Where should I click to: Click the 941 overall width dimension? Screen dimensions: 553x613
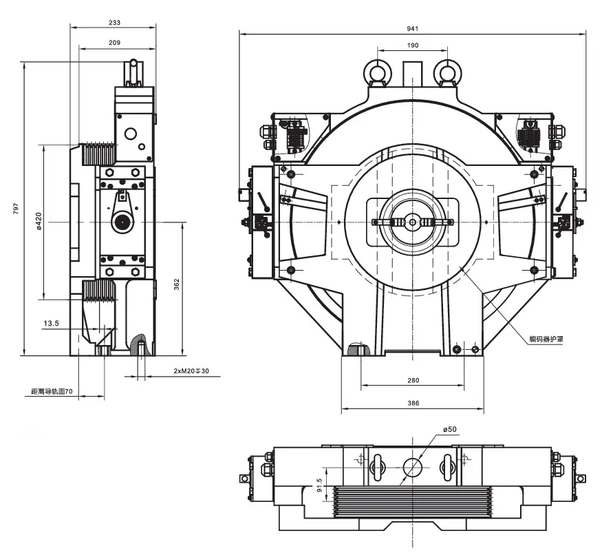click(x=412, y=28)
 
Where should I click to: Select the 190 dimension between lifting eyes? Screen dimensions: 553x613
click(x=412, y=45)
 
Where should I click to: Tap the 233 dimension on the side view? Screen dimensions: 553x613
click(x=114, y=23)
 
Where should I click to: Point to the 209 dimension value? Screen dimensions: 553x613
click(x=114, y=43)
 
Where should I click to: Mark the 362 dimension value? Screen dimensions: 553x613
click(x=177, y=284)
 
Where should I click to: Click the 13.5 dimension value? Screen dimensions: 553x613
click(x=51, y=323)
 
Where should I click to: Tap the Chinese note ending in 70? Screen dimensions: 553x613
click(x=52, y=391)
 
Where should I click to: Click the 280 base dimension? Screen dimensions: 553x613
click(x=412, y=380)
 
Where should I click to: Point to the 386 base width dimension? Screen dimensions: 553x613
click(x=412, y=404)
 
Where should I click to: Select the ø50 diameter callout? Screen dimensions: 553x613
click(x=449, y=429)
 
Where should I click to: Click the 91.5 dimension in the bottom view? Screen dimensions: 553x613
click(x=319, y=486)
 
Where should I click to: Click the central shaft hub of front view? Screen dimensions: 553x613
click(x=412, y=222)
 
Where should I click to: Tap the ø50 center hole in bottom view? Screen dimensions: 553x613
click(x=412, y=468)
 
